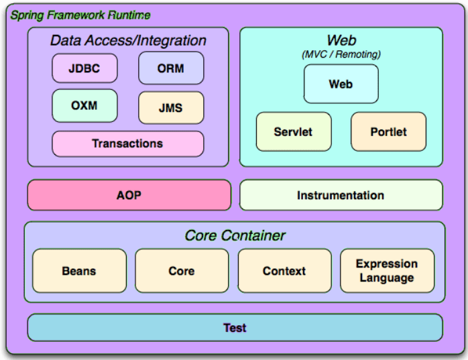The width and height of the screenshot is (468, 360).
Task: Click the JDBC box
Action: click(x=84, y=68)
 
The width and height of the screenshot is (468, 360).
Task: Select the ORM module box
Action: click(x=170, y=68)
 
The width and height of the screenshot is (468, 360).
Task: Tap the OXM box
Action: click(x=84, y=105)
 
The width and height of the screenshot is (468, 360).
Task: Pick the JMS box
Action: click(x=170, y=108)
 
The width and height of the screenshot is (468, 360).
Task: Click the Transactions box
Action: click(x=127, y=143)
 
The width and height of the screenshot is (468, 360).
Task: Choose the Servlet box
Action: click(x=293, y=131)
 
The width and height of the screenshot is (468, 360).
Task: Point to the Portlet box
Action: click(x=388, y=131)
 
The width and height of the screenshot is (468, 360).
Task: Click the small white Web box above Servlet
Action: click(x=341, y=84)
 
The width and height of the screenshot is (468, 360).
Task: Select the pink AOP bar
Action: click(x=129, y=195)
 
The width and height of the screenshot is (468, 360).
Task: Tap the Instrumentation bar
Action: click(x=341, y=195)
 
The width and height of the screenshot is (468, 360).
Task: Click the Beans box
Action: click(x=79, y=271)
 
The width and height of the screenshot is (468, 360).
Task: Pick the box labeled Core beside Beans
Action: click(x=182, y=271)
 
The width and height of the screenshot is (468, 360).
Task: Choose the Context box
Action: click(x=284, y=271)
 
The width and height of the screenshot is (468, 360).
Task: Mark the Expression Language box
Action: click(x=387, y=271)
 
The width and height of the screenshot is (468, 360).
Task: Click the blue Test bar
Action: click(x=235, y=328)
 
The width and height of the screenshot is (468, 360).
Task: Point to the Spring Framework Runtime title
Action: click(x=80, y=15)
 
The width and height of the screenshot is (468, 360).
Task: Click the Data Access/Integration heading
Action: click(x=128, y=40)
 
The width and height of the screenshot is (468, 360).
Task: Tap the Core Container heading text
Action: click(x=235, y=235)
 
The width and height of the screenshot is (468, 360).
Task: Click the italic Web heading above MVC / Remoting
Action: click(x=341, y=41)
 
